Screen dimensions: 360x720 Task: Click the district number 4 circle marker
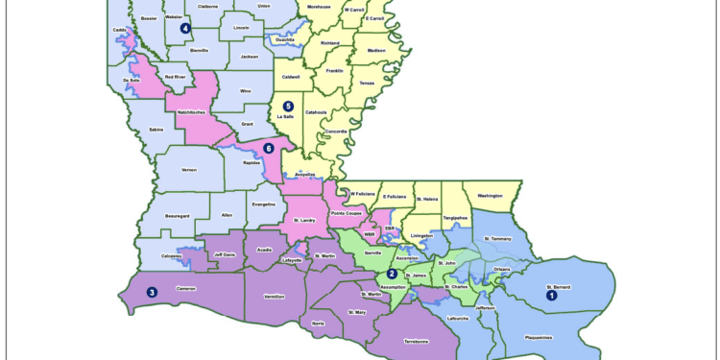[x=184, y=28]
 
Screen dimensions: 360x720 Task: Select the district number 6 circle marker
[x=269, y=148]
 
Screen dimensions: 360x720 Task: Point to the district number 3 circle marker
[x=152, y=293]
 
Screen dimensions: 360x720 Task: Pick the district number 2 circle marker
[x=392, y=274]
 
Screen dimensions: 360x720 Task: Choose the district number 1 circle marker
[x=552, y=296]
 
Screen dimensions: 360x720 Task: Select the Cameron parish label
[x=188, y=288]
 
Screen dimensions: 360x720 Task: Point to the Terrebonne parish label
[x=416, y=341]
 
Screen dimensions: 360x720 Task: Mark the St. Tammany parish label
[x=500, y=238]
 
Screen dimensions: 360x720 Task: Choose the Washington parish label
[x=490, y=196]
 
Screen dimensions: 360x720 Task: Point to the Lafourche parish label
[x=459, y=318]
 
